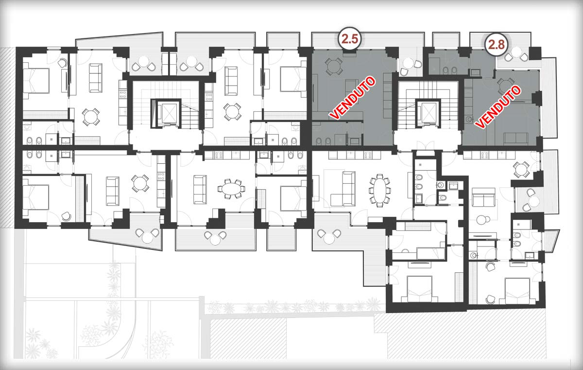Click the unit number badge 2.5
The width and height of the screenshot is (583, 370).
click(x=350, y=39)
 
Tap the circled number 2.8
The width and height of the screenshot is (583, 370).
click(x=497, y=45)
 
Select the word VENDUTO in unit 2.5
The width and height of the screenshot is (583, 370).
click(x=352, y=98)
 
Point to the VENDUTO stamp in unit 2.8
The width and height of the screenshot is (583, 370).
click(x=497, y=107)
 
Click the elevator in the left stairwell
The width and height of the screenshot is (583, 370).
click(x=167, y=113)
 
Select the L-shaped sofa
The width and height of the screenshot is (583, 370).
click(x=343, y=189)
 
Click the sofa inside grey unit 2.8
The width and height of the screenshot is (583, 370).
click(x=515, y=138)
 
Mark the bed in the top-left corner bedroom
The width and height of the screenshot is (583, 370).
click(x=36, y=80)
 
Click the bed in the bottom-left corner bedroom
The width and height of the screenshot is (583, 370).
click(x=36, y=197)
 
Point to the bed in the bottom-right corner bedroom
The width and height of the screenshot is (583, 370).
click(x=518, y=291)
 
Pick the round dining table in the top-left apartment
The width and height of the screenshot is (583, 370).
click(x=90, y=117)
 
